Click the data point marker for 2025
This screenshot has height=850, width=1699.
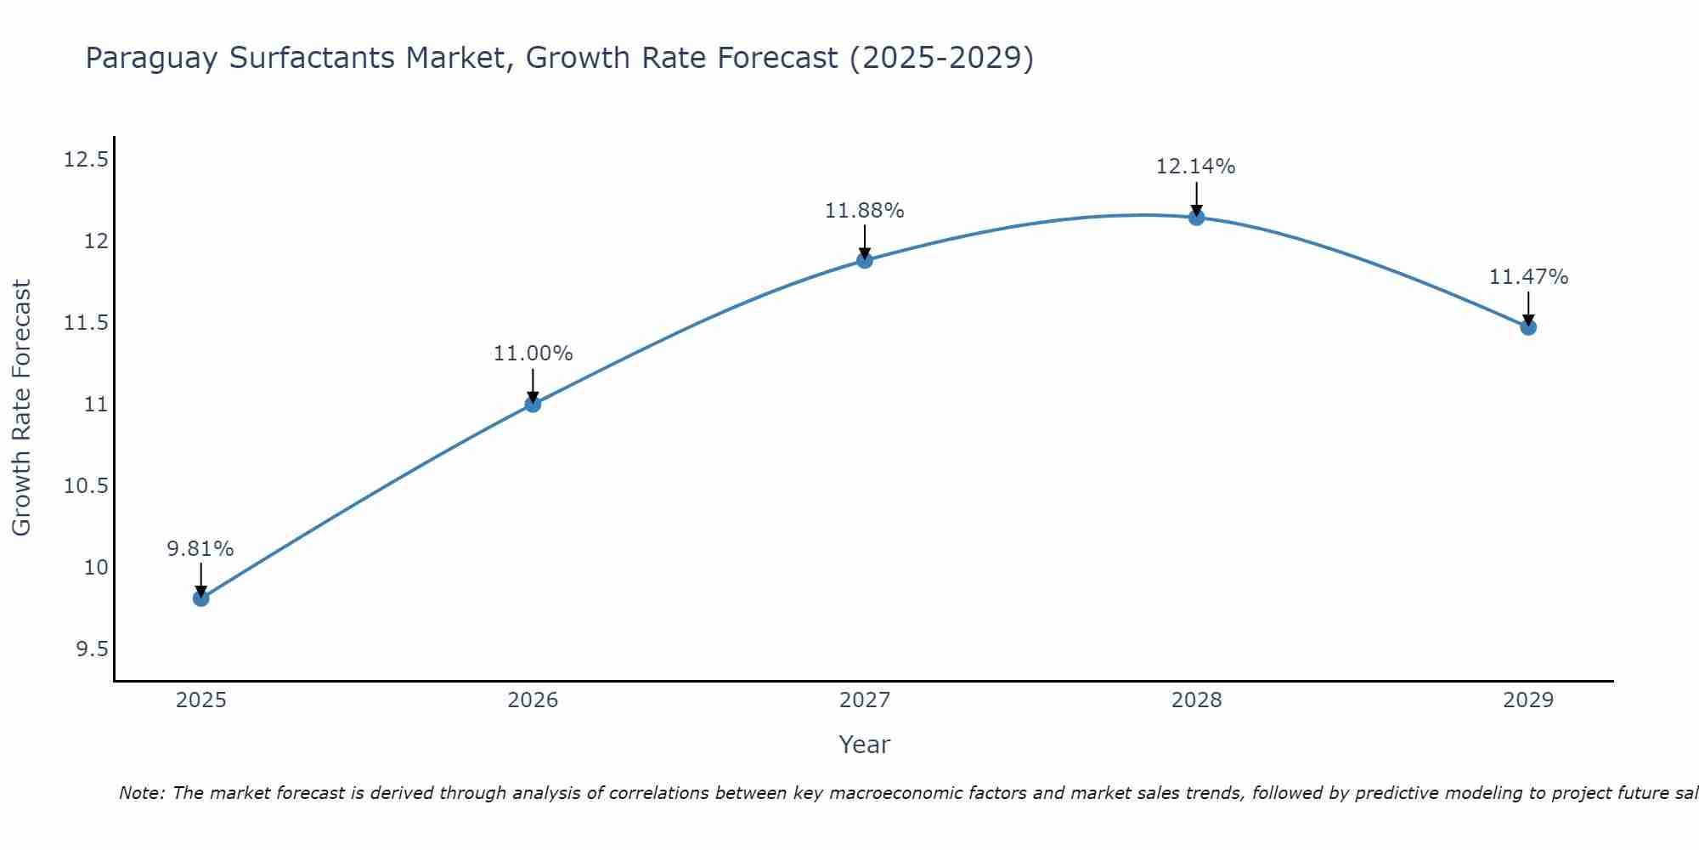[200, 598]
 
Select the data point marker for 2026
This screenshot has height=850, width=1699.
[533, 404]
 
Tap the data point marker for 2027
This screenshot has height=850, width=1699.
[865, 260]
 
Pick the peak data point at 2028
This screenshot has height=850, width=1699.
[1196, 218]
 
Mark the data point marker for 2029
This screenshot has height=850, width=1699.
[1528, 327]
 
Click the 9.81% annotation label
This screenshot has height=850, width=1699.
[200, 549]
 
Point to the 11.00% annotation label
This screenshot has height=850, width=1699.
[533, 354]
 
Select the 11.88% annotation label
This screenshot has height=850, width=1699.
[865, 211]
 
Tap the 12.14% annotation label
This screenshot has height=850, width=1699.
[1196, 167]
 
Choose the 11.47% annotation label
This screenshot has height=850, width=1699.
[1528, 277]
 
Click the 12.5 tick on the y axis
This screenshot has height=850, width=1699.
[87, 160]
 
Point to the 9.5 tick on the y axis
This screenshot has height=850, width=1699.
[93, 649]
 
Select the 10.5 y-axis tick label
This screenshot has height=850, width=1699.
[87, 486]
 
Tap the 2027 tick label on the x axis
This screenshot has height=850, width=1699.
[865, 700]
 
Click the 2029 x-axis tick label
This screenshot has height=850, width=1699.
[1528, 700]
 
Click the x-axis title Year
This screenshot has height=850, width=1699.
[865, 745]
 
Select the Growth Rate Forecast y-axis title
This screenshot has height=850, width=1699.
[22, 408]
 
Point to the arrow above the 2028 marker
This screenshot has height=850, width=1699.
[1196, 199]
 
